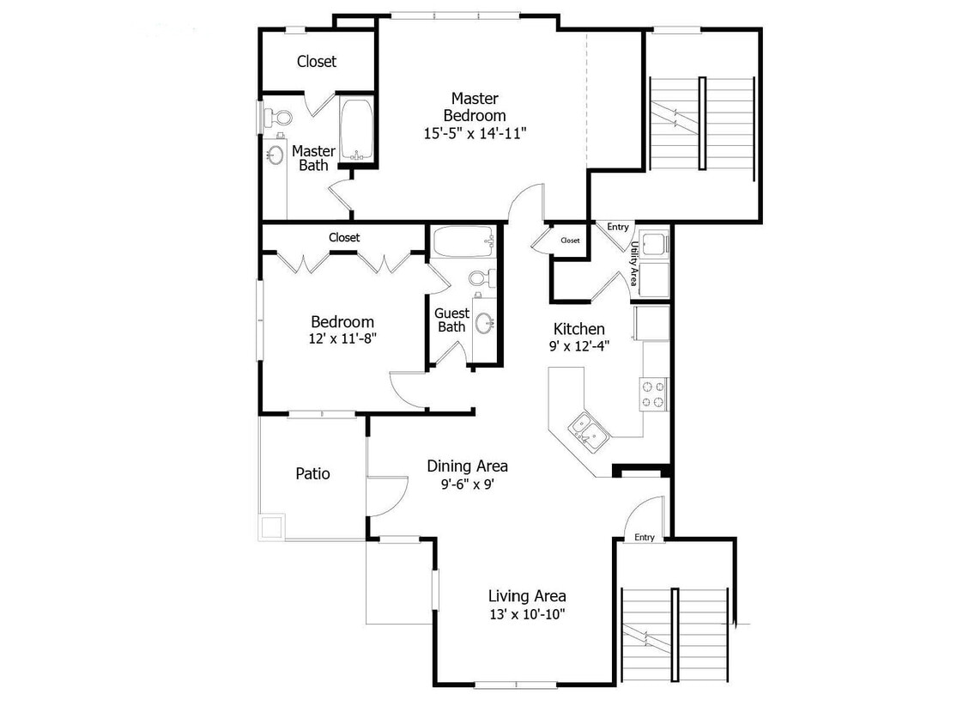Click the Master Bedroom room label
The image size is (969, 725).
click(474, 107)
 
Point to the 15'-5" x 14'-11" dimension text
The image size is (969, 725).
click(474, 133)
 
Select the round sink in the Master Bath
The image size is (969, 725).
click(276, 155)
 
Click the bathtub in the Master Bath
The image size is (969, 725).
click(356, 130)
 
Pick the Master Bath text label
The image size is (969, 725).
click(313, 158)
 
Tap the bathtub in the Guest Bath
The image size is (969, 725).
click(463, 241)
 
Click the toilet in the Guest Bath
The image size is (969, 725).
click(483, 278)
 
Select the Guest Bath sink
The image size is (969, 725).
click(484, 324)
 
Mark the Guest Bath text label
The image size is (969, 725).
click(451, 320)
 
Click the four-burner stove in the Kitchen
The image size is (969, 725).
click(653, 393)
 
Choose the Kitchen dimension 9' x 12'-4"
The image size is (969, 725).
click(578, 346)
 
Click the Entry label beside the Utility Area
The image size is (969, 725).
click(618, 227)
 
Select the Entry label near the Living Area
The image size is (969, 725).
click(645, 537)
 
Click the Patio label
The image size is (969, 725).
click(312, 473)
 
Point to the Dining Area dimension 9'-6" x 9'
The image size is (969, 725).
click(467, 484)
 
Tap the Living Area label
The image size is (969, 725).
click(526, 595)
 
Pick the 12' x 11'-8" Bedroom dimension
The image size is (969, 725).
click(342, 338)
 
